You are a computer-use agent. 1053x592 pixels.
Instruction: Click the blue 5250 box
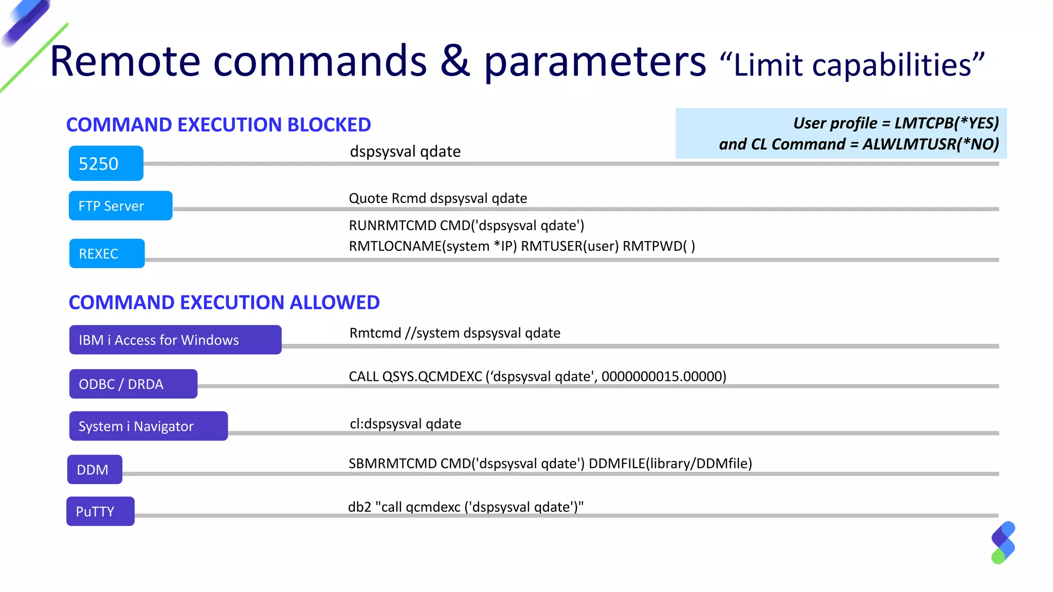point(106,163)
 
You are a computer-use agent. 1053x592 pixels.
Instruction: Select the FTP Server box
point(120,206)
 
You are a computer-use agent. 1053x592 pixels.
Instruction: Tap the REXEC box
point(107,253)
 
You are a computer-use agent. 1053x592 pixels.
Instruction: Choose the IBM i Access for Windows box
point(175,340)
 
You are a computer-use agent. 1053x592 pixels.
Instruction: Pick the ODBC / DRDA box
point(133,384)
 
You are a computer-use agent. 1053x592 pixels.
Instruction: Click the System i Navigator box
point(148,426)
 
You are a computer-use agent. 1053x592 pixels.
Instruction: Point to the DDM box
point(95,470)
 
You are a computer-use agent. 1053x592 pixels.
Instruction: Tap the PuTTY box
point(100,511)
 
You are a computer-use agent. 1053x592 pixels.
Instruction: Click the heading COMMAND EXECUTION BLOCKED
point(219,125)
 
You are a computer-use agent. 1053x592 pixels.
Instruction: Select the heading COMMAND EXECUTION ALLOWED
point(224,303)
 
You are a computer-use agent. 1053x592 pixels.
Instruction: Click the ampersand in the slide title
point(455,62)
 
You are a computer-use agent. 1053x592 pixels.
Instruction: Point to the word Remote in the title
point(125,62)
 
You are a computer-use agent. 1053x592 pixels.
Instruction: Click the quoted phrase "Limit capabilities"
point(851,65)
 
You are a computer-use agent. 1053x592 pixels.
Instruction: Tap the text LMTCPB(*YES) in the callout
point(947,123)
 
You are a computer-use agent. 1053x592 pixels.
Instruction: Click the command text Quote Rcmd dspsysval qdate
point(438,198)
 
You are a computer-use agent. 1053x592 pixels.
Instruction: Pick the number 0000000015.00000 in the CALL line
point(663,377)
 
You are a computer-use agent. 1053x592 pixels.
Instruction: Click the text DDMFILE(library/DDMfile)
point(670,464)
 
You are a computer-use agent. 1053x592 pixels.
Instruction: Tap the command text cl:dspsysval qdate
point(405,424)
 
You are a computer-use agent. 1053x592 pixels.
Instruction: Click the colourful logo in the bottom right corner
point(1003,543)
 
